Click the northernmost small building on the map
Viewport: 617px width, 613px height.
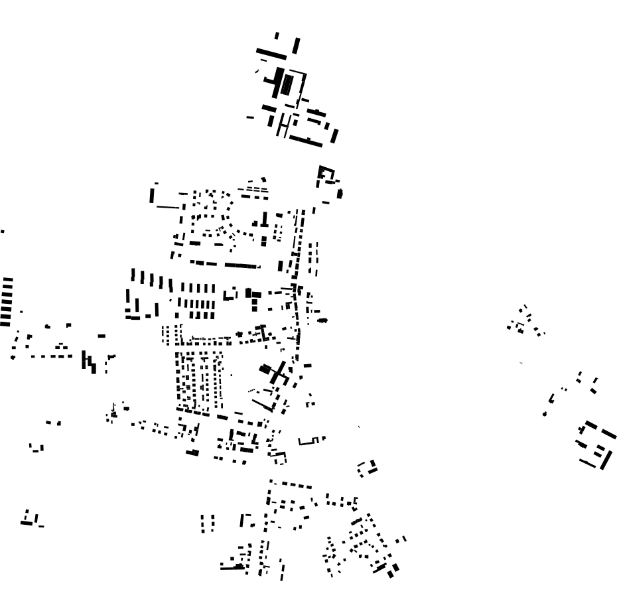[x=277, y=35]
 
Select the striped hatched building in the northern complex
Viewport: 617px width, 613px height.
[x=287, y=84]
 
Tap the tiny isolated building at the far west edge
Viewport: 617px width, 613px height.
[x=2, y=232]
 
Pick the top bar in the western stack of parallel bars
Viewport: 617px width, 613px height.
[x=7, y=279]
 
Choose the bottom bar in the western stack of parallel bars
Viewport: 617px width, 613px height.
[x=5, y=323]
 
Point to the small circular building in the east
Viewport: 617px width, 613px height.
[x=544, y=414]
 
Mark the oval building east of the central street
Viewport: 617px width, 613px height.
[x=322, y=320]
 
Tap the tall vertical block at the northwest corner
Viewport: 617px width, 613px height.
[x=153, y=195]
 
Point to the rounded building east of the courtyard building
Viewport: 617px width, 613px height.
[x=340, y=193]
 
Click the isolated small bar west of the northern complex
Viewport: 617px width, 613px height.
[x=250, y=117]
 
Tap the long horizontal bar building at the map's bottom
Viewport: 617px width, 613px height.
[x=232, y=567]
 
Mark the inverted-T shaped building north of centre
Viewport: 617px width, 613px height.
[x=264, y=221]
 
